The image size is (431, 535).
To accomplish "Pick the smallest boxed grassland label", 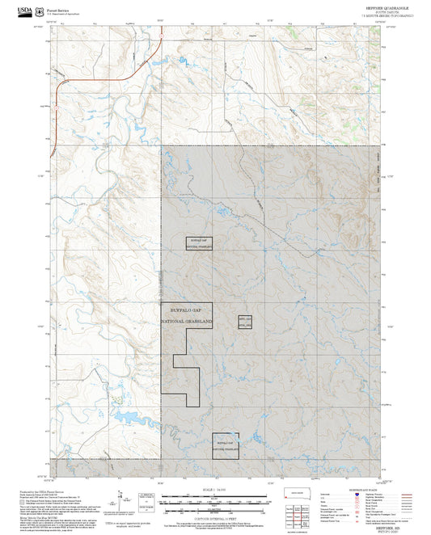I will tap(245, 322).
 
